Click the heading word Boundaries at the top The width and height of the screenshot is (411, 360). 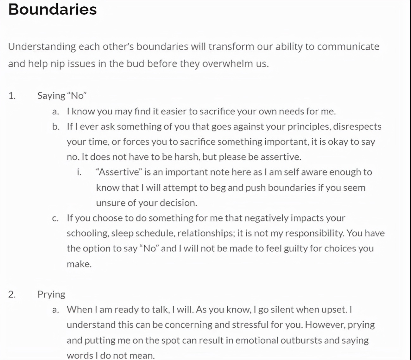[53, 9]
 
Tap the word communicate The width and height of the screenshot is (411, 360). [348, 47]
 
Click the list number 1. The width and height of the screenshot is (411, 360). [12, 96]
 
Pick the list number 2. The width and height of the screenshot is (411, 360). [12, 294]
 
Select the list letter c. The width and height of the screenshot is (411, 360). [55, 218]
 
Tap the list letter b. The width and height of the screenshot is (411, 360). [56, 127]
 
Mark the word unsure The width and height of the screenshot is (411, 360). [110, 203]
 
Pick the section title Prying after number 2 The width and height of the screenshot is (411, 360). [51, 294]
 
